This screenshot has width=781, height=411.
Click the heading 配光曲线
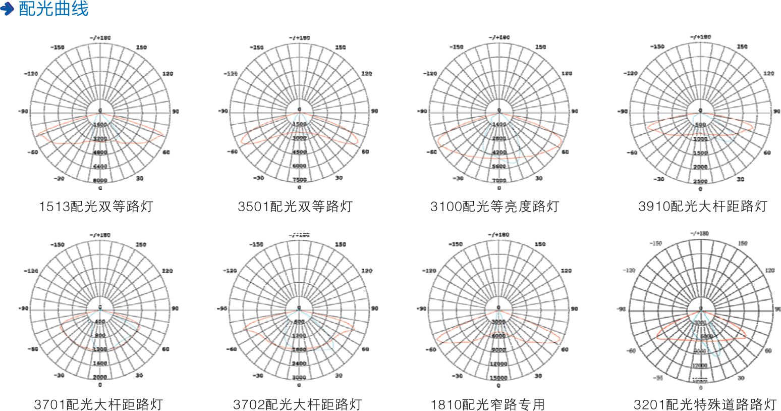tap(53, 9)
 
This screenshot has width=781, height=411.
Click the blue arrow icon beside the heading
tap(7, 9)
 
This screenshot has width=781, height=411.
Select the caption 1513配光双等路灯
tap(96, 207)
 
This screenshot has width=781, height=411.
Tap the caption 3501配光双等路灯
tap(295, 207)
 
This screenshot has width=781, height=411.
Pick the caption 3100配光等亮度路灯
tap(494, 207)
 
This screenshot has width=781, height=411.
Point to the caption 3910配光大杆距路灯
tap(702, 207)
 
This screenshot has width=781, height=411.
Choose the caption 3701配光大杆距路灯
tap(98, 404)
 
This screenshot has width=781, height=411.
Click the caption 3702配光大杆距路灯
tap(297, 404)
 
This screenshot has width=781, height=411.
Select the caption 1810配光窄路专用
tap(487, 404)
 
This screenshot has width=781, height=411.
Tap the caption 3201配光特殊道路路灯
tap(705, 404)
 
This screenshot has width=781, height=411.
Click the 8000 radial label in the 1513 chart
tap(100, 180)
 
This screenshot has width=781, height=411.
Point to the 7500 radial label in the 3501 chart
tap(299, 180)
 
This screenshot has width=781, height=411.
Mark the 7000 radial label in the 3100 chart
tap(499, 180)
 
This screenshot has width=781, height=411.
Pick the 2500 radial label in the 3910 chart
tap(700, 181)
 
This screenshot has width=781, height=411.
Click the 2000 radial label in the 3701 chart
tap(100, 377)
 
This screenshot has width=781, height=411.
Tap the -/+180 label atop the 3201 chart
tap(700, 233)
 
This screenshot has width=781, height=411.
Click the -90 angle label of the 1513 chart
tap(23, 111)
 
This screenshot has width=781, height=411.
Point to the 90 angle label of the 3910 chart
tap(775, 111)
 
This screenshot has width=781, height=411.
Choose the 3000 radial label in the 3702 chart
tap(299, 377)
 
